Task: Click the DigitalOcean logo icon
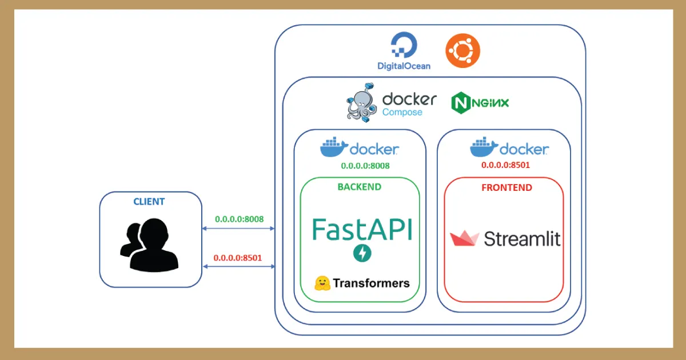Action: point(404,45)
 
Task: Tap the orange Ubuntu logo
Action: point(462,50)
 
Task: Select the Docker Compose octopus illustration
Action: point(362,103)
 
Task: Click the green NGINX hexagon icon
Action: point(461,103)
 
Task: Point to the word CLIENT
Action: point(149,202)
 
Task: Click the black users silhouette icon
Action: point(149,245)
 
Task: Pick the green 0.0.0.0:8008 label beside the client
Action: point(239,219)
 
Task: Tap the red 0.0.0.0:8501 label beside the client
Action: point(238,258)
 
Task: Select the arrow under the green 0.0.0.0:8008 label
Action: point(238,229)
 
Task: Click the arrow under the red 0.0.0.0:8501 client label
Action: point(239,267)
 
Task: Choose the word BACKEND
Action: point(360,187)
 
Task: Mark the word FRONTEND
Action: point(507,187)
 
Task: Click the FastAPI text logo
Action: point(362,229)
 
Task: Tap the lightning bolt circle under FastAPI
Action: point(362,253)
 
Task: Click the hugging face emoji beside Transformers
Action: point(322,283)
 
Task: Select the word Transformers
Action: point(371,283)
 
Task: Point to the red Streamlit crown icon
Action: point(464,238)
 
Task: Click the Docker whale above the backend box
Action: point(334,147)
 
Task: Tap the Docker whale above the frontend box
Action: point(484,147)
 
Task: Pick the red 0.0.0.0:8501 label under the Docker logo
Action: point(505,165)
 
